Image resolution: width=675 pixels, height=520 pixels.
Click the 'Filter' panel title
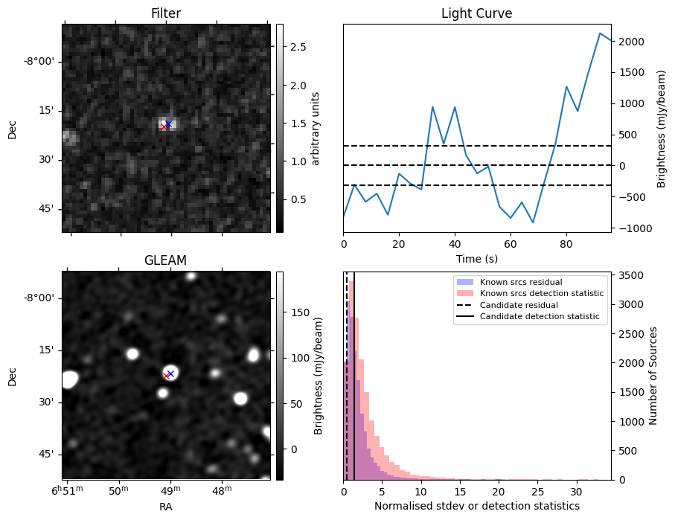pyautogui.click(x=165, y=13)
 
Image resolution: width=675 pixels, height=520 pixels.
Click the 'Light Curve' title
pyautogui.click(x=476, y=13)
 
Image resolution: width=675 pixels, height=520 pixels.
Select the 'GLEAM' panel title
pyautogui.click(x=165, y=260)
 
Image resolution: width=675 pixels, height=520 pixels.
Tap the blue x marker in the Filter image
pyautogui.click(x=169, y=123)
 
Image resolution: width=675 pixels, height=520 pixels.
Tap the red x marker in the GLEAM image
pyautogui.click(x=167, y=376)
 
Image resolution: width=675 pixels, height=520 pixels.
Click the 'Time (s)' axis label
pyautogui.click(x=476, y=259)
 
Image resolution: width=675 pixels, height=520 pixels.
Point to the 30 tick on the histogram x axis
pyautogui.click(x=576, y=492)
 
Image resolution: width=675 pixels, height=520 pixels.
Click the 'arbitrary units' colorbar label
pyautogui.click(x=316, y=128)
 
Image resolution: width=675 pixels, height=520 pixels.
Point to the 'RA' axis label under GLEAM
pyautogui.click(x=165, y=506)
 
